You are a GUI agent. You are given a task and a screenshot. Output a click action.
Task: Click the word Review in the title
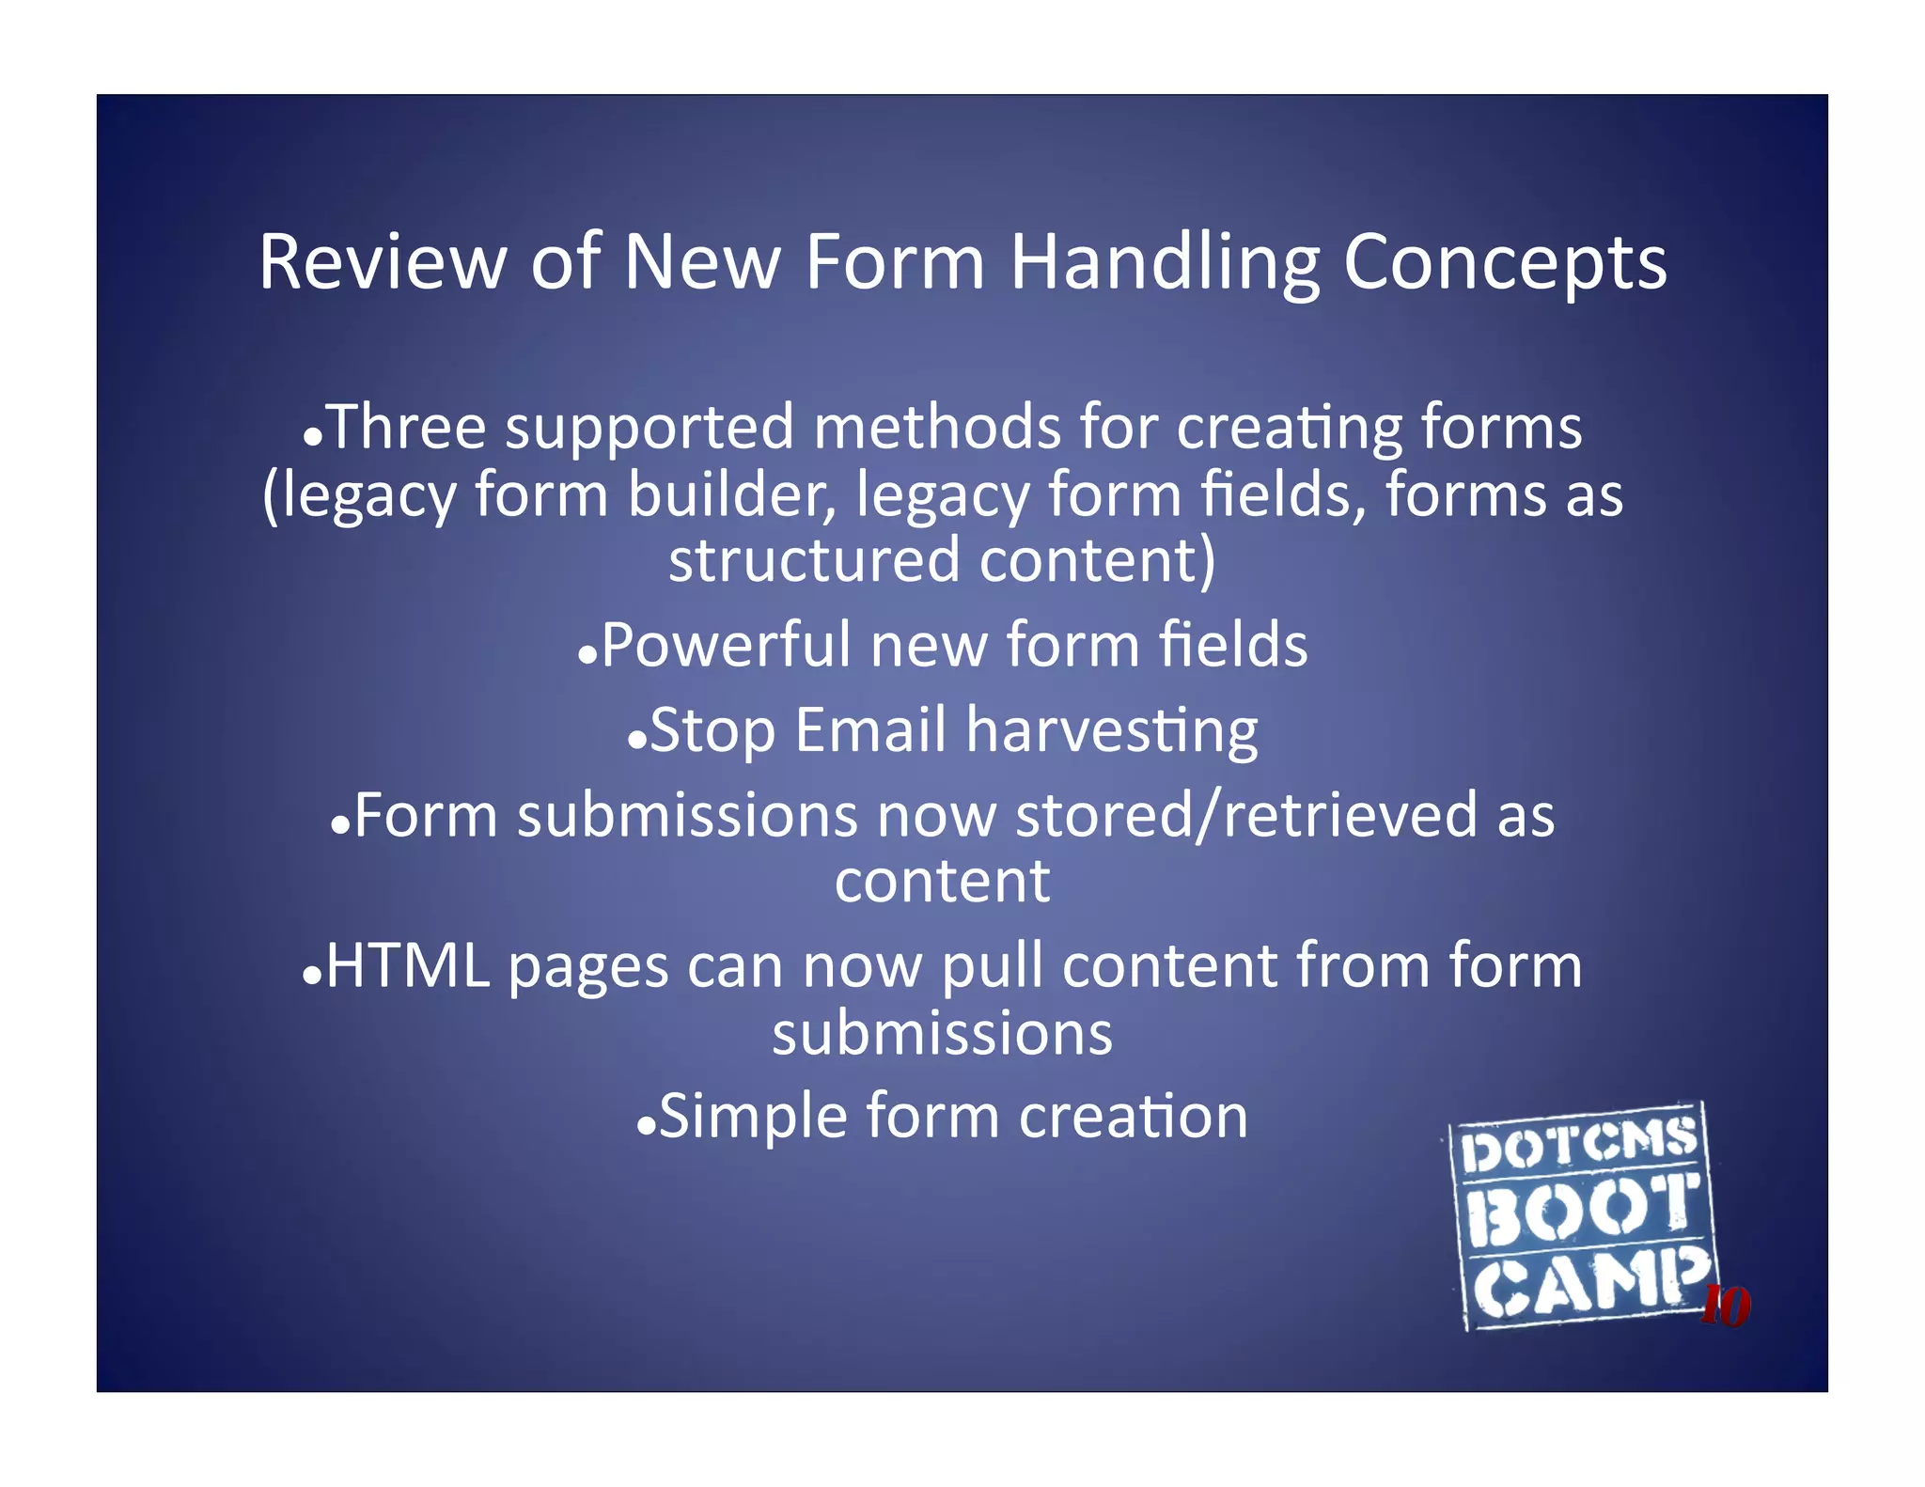click(382, 262)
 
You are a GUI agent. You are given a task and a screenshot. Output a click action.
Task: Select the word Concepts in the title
click(1505, 264)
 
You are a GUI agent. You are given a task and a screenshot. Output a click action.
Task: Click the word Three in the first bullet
click(406, 428)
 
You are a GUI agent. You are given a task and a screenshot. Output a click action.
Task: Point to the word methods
click(936, 428)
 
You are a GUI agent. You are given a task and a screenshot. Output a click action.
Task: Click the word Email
click(870, 730)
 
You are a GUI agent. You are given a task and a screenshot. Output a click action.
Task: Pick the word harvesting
click(1112, 732)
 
